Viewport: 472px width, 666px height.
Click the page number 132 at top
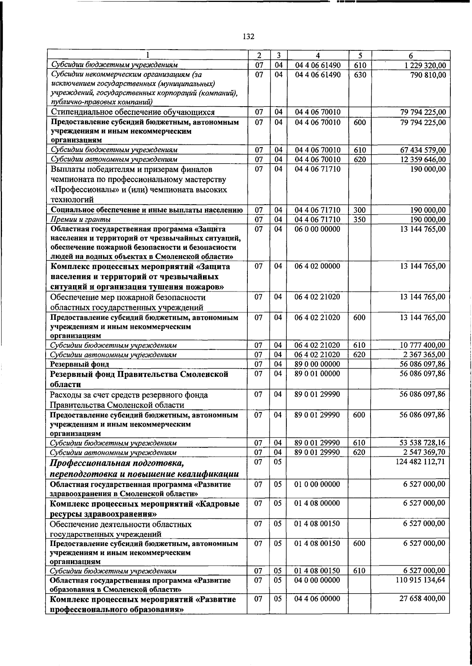(x=248, y=37)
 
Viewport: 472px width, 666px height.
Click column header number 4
(x=317, y=56)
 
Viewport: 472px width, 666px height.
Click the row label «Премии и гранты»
(x=81, y=219)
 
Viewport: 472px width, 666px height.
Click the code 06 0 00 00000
(x=317, y=229)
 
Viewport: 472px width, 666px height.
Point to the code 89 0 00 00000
(x=317, y=364)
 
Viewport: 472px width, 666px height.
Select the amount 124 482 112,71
(x=420, y=462)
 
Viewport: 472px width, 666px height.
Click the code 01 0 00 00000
(x=317, y=484)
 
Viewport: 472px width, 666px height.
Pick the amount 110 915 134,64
(x=420, y=580)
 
